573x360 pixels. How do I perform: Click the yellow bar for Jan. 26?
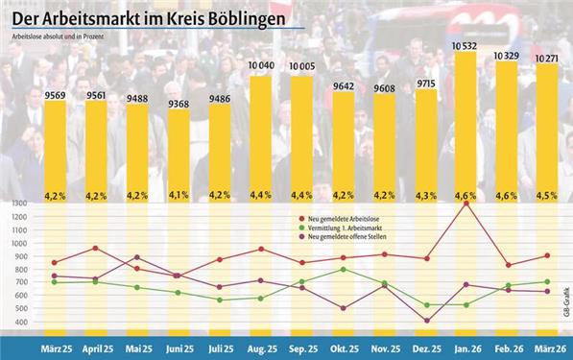[465, 125]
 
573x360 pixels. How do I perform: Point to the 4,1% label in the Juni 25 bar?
[180, 195]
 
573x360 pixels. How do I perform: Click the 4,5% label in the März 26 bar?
[547, 195]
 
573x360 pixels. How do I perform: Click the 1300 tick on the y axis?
[19, 204]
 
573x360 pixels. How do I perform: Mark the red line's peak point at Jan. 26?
[466, 204]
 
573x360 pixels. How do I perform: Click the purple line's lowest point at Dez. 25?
[424, 321]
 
